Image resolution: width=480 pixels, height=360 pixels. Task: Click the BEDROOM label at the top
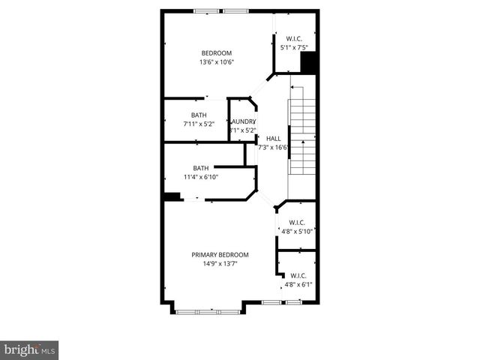216,52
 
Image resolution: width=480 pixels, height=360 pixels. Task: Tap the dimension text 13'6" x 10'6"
216,62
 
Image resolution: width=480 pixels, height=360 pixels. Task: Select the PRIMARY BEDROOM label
220,255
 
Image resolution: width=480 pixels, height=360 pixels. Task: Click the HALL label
274,138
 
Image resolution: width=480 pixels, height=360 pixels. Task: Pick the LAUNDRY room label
244,121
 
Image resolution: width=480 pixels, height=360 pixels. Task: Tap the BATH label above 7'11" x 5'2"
199,115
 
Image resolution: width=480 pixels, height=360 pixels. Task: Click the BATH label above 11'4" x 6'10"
201,168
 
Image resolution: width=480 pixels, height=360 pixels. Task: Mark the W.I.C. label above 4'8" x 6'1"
298,275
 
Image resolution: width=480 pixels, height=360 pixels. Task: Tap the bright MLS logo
30,349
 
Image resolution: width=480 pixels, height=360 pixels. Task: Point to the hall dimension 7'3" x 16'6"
274,148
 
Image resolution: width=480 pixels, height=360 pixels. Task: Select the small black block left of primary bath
172,196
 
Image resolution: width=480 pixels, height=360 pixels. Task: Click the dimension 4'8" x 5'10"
296,232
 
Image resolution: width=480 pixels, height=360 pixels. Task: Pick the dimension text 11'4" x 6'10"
201,177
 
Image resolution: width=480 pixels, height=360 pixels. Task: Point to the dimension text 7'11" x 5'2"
199,124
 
